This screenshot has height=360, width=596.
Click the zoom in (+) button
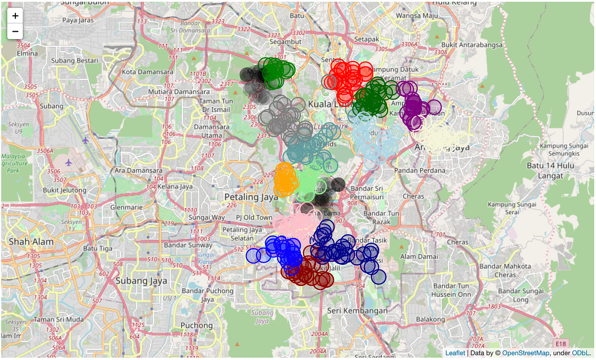pos(15,16)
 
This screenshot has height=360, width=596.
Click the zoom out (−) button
pos(15,32)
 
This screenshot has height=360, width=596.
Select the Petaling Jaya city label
pos(251,197)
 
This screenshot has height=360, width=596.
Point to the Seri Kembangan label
pos(358,311)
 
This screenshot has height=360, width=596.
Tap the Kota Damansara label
pos(148,72)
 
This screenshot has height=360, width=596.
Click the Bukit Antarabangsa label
pos(472,45)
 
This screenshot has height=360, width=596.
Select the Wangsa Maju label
pos(414,16)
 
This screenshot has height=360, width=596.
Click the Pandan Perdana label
pos(420,170)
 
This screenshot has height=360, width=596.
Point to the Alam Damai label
pos(419,256)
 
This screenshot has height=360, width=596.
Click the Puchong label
pos(196,325)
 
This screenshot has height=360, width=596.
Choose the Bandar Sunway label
pos(188,245)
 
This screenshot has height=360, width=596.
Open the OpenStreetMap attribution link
pos(526,353)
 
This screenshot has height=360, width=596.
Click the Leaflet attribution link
pos(455,353)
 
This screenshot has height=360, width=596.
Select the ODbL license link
pos(581,353)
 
